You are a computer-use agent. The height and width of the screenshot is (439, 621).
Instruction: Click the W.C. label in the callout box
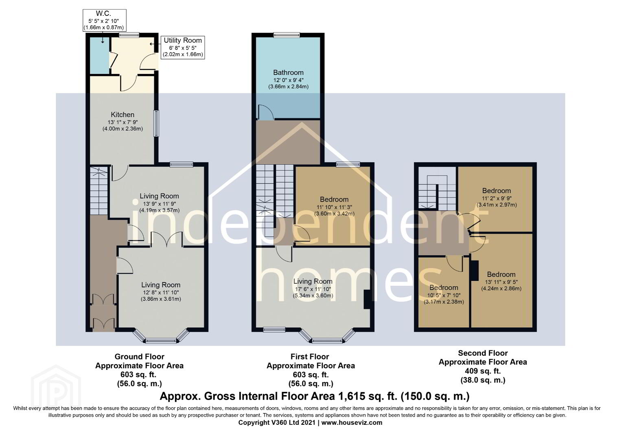[103, 13]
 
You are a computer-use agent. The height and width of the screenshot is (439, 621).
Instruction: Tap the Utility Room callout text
[183, 40]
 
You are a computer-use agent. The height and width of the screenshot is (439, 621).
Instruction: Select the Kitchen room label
[122, 115]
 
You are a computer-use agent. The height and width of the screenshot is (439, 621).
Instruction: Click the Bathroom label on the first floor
[288, 73]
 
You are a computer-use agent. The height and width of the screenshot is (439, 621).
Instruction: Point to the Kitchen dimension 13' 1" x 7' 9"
[122, 122]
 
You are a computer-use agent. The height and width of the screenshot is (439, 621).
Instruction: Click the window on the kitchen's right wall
[157, 123]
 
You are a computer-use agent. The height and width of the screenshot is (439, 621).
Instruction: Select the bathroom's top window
[286, 35]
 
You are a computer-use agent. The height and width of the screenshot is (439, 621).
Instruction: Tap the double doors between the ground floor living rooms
[166, 239]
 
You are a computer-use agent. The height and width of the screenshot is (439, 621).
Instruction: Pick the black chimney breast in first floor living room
[367, 299]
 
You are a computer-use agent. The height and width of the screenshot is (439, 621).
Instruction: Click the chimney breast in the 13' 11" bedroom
[474, 271]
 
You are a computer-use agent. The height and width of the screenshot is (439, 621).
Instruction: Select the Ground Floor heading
[140, 356]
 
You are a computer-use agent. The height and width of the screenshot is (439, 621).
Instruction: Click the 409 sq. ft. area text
[483, 371]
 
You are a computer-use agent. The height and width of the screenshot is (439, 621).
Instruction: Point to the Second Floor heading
[483, 353]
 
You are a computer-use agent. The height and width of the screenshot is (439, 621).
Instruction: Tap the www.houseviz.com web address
[352, 423]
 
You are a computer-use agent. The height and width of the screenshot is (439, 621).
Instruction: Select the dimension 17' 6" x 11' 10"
[313, 289]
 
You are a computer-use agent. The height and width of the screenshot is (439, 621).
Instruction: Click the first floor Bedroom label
[334, 200]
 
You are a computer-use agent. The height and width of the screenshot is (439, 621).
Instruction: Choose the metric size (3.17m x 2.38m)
[444, 302]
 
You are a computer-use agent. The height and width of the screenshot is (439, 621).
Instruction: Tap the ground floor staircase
[99, 191]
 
